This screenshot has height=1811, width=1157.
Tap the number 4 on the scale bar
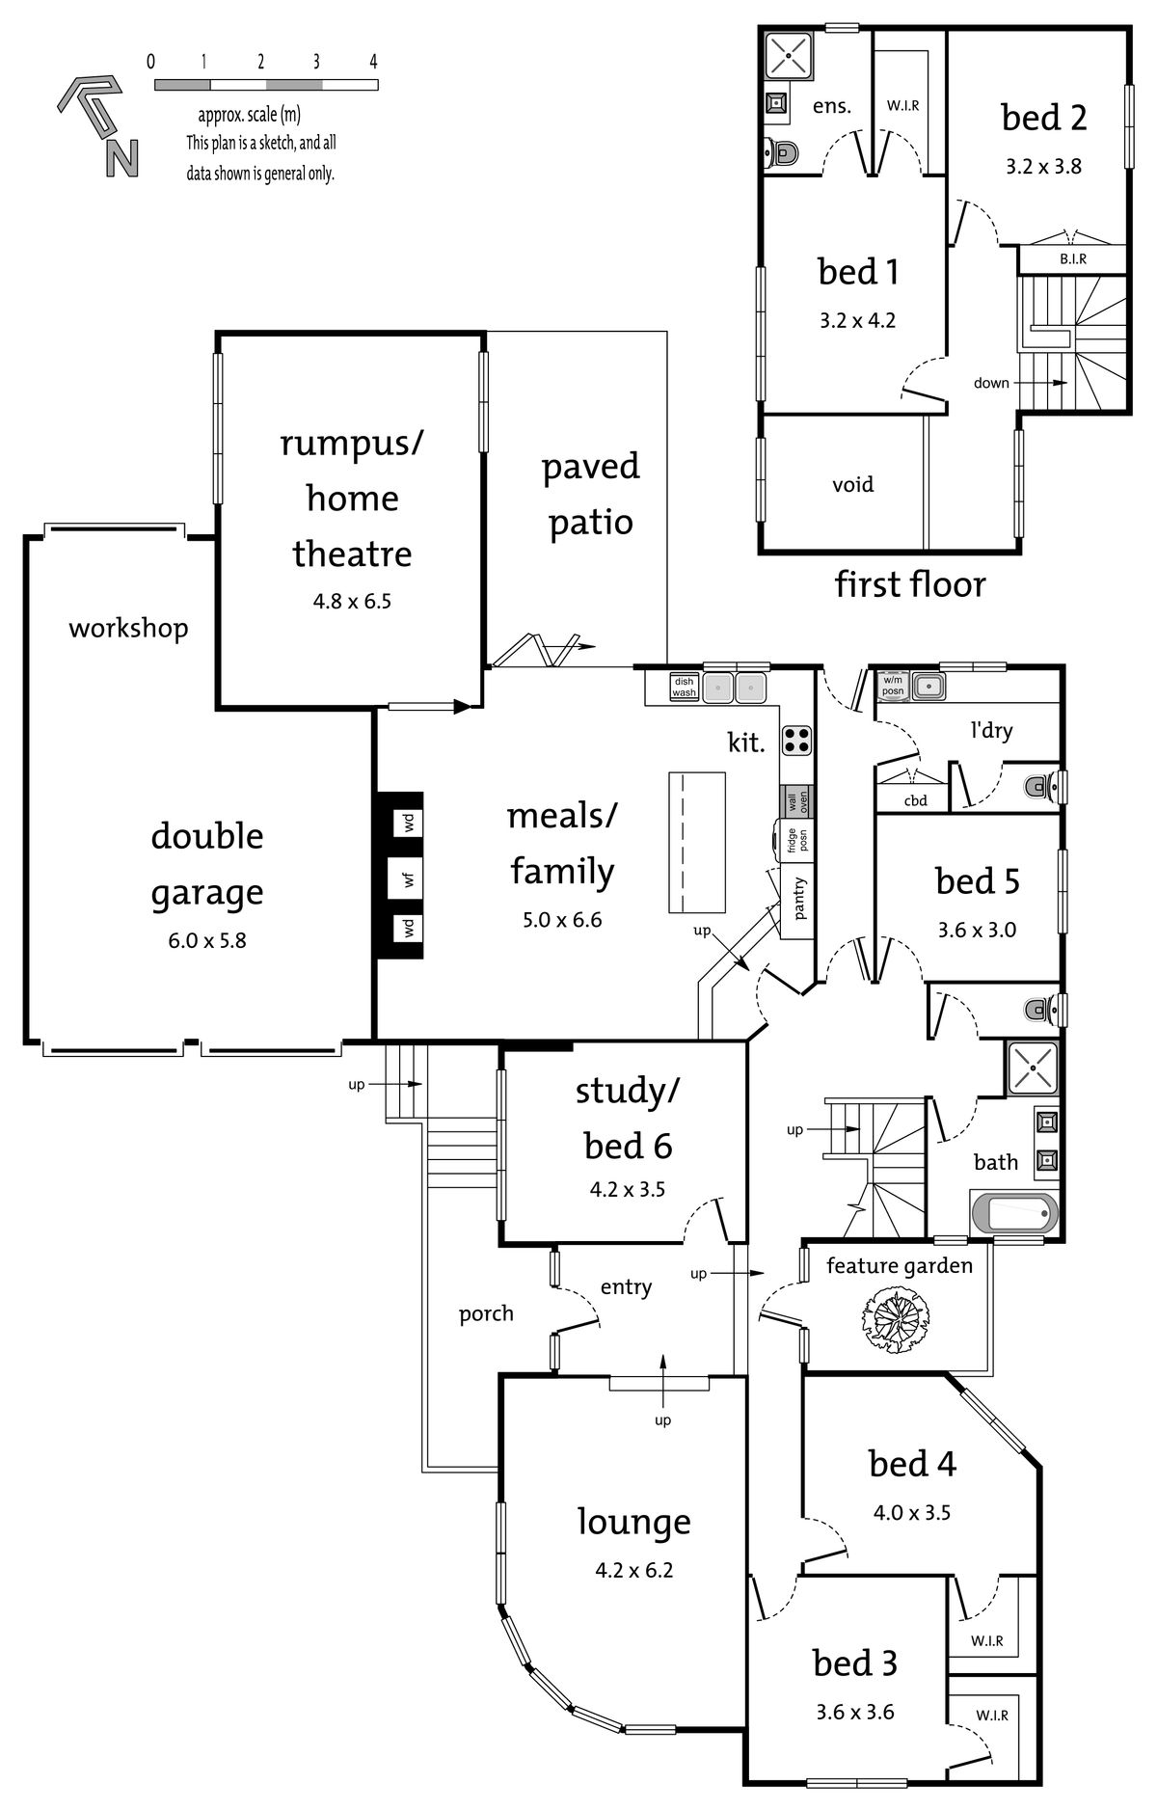click(x=373, y=62)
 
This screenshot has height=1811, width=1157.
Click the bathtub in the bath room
click(x=1012, y=1212)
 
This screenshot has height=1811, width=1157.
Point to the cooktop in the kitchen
click(x=796, y=740)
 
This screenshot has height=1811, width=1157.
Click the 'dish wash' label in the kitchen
click(x=684, y=687)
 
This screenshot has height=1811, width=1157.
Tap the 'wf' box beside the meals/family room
click(x=409, y=878)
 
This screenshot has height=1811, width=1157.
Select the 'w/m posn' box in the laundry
click(x=893, y=686)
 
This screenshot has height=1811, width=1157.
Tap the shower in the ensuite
click(x=789, y=54)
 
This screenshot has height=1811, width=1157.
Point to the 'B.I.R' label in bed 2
click(x=1073, y=259)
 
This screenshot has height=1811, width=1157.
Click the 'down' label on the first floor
click(x=991, y=383)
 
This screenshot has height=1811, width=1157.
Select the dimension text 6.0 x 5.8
click(x=207, y=940)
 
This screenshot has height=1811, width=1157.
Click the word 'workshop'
click(x=128, y=629)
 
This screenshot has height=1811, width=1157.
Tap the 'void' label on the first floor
click(x=852, y=483)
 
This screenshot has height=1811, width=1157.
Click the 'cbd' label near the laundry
click(x=915, y=799)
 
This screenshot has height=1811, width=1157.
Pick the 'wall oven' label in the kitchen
click(x=796, y=801)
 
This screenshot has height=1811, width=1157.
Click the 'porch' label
click(x=486, y=1314)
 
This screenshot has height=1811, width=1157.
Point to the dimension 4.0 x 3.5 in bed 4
click(x=911, y=1513)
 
